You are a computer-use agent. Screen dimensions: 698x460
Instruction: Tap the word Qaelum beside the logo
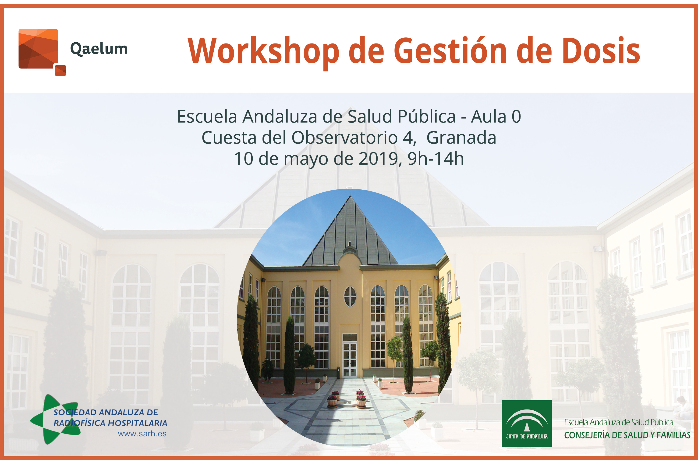[x=99, y=49]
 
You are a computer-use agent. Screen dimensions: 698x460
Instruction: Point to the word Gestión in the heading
[x=450, y=51]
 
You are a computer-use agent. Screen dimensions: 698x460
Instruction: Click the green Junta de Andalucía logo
[x=527, y=423]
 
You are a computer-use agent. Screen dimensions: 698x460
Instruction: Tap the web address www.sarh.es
[x=142, y=434]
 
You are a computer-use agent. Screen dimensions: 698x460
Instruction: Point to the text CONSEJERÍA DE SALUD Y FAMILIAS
[x=627, y=435]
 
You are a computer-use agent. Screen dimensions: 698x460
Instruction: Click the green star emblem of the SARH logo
[x=56, y=419]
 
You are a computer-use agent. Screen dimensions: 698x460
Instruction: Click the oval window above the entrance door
[x=350, y=296]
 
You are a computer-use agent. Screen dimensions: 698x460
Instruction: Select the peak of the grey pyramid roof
[x=350, y=195]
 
